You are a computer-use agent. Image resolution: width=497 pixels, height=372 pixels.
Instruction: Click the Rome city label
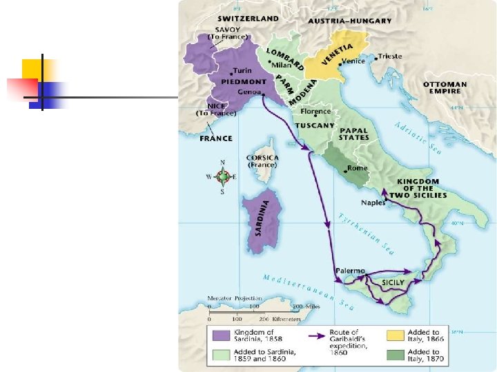point(358,168)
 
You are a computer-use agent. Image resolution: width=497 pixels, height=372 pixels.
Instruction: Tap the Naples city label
point(373,203)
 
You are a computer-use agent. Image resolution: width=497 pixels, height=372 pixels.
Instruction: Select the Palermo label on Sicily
point(349,271)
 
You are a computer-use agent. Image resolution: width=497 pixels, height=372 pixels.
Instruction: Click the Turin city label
point(242,70)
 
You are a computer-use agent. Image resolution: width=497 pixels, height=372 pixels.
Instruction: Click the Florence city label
point(315,112)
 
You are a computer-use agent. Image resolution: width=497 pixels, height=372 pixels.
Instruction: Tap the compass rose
point(222,177)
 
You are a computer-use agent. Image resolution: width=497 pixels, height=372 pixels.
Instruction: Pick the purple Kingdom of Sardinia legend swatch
point(221,335)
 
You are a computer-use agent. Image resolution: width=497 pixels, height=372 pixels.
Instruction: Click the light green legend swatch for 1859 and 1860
point(221,354)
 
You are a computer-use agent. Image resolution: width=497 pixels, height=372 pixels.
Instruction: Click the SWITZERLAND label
point(248,19)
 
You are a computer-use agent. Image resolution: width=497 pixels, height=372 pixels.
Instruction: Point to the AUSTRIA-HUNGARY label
point(349,21)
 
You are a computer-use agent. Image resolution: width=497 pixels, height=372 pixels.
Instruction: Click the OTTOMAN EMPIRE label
point(445,88)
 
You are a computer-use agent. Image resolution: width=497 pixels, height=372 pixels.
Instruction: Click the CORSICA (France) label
point(262,161)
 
